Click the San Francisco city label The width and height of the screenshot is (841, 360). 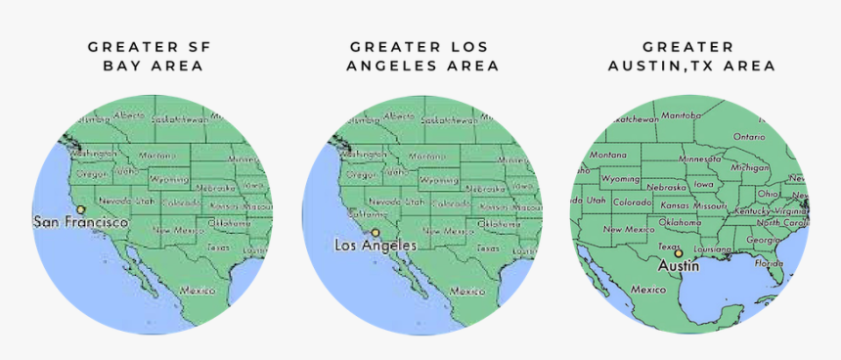coord(81,223)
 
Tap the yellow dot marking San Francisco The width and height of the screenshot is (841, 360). coord(81,209)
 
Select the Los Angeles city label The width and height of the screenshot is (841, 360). coord(376,245)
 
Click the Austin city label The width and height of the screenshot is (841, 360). coord(678,265)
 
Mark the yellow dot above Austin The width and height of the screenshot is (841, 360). coord(678,253)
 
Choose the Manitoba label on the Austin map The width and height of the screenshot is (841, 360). coord(682,115)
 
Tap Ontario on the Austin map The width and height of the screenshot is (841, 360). coord(749,137)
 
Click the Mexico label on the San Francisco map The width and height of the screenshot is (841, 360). coord(197,291)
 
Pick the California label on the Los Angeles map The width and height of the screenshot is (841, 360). coord(369,213)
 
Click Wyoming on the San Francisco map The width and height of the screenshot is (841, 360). coord(168,180)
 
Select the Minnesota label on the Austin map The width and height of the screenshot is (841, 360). coord(700,158)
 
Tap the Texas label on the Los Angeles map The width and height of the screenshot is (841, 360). coord(487,247)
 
